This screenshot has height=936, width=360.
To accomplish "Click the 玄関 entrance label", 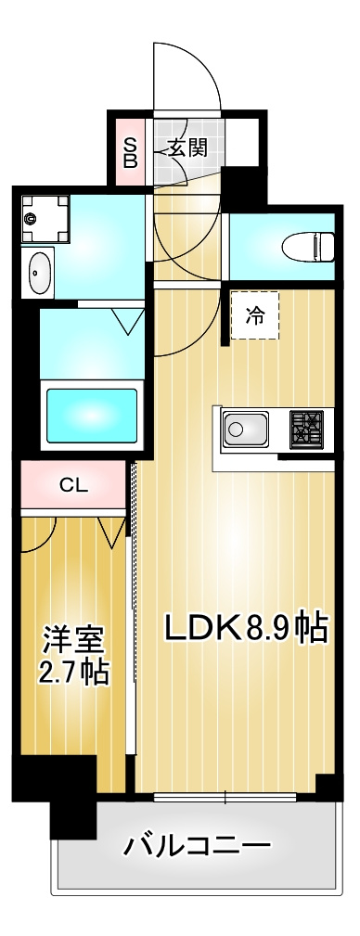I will coord(187,147).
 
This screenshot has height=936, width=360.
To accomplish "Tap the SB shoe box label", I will coord(131,150).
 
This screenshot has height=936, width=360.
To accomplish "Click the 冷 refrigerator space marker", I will coord(253,315).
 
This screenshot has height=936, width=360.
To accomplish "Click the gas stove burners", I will coord(305,430).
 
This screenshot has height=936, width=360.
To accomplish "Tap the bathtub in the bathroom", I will coord(91,415).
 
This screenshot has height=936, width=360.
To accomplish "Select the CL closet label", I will coord(73,485).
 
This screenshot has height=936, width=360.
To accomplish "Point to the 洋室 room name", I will coord(73,639).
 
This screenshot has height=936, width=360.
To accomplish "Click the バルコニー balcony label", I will coord(198,845).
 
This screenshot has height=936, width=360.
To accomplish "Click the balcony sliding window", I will coord(225,795).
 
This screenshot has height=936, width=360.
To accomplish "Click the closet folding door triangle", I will coord(112,531).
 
